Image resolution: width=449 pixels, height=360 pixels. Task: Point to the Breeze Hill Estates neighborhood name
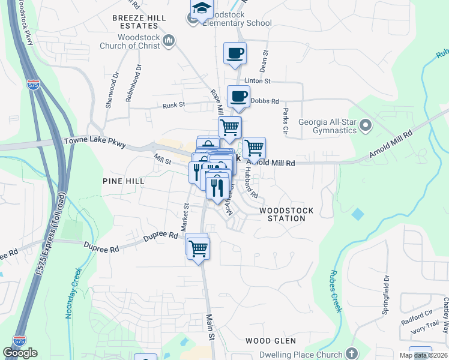coord(139,22)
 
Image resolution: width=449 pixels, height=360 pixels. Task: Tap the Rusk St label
coord(175,105)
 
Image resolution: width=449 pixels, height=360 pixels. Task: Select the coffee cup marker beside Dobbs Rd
coord(239,97)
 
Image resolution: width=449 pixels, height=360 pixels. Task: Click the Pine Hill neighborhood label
coord(123,181)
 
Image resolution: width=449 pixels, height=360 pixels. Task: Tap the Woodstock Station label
coord(282,215)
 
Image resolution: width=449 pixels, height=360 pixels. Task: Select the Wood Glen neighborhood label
coord(271,341)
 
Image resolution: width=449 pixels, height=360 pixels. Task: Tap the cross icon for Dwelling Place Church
coord(352,354)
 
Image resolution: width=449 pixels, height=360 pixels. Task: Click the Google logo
coord(20,352)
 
